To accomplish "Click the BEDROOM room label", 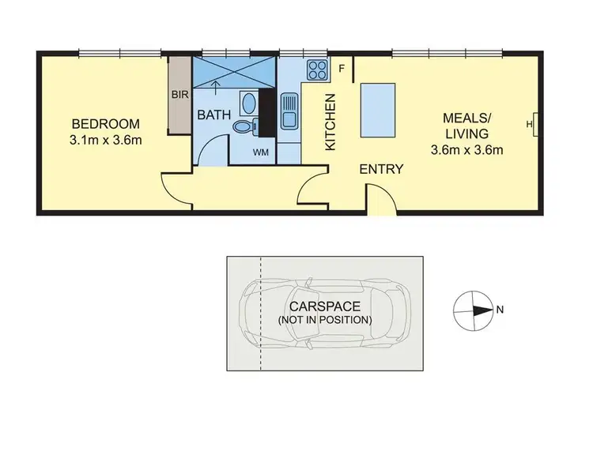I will click(x=106, y=124).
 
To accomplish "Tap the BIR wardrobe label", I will click(x=179, y=94).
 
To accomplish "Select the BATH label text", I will click(x=213, y=115).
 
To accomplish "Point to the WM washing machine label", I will click(x=260, y=151).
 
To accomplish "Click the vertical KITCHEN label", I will click(x=331, y=122).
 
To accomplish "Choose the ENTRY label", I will click(x=382, y=169).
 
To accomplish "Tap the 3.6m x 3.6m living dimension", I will click(x=467, y=149).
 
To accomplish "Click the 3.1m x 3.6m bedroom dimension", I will click(x=106, y=141).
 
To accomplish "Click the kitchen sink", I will click(x=288, y=110).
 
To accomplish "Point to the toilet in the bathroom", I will click(x=244, y=126).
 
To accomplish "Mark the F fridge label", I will click(x=341, y=68).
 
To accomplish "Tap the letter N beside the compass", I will click(x=500, y=310).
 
